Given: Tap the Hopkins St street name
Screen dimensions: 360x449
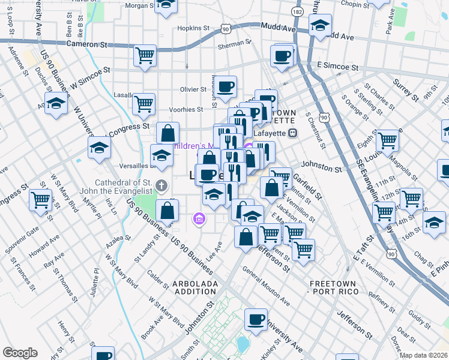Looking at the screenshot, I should pos(193,28).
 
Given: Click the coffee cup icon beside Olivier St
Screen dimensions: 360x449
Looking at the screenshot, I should pos(226,86).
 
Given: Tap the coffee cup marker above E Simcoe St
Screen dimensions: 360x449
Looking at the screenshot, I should pos(282,56).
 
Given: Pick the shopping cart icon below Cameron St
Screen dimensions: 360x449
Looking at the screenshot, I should pos(145,55).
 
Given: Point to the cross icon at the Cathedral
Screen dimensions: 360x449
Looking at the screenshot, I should pos(161,184).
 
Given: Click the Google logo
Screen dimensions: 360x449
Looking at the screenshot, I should pos(20,353).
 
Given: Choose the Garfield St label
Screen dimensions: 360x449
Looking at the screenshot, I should pos(307,186).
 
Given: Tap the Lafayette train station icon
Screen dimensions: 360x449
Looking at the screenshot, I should pos(293,133).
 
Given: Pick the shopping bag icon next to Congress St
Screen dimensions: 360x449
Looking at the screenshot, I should pos(168,133).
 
